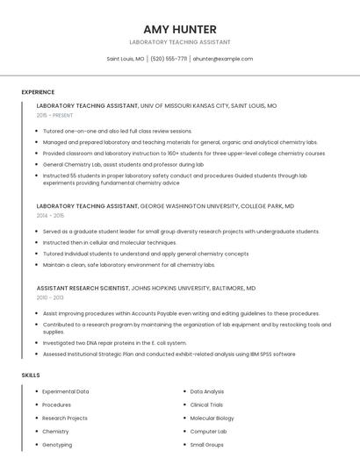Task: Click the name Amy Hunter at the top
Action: click(x=179, y=29)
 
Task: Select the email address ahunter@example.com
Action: click(x=222, y=59)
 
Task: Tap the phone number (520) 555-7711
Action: click(x=169, y=59)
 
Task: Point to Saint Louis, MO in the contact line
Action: click(x=126, y=59)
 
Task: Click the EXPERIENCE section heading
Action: click(x=38, y=92)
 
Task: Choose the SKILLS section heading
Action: click(x=31, y=375)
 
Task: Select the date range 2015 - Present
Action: click(x=54, y=115)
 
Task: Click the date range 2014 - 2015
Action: click(x=50, y=215)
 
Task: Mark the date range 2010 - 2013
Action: click(x=50, y=297)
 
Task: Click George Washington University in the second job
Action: click(x=189, y=205)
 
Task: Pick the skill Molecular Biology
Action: click(x=212, y=418)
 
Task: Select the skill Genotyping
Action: click(x=57, y=445)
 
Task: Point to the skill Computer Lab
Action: click(x=208, y=432)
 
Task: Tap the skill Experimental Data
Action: click(x=65, y=391)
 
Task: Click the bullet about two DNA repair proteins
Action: click(x=114, y=343)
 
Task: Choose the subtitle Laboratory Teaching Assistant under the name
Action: click(x=179, y=42)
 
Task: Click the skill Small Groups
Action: click(x=207, y=445)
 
